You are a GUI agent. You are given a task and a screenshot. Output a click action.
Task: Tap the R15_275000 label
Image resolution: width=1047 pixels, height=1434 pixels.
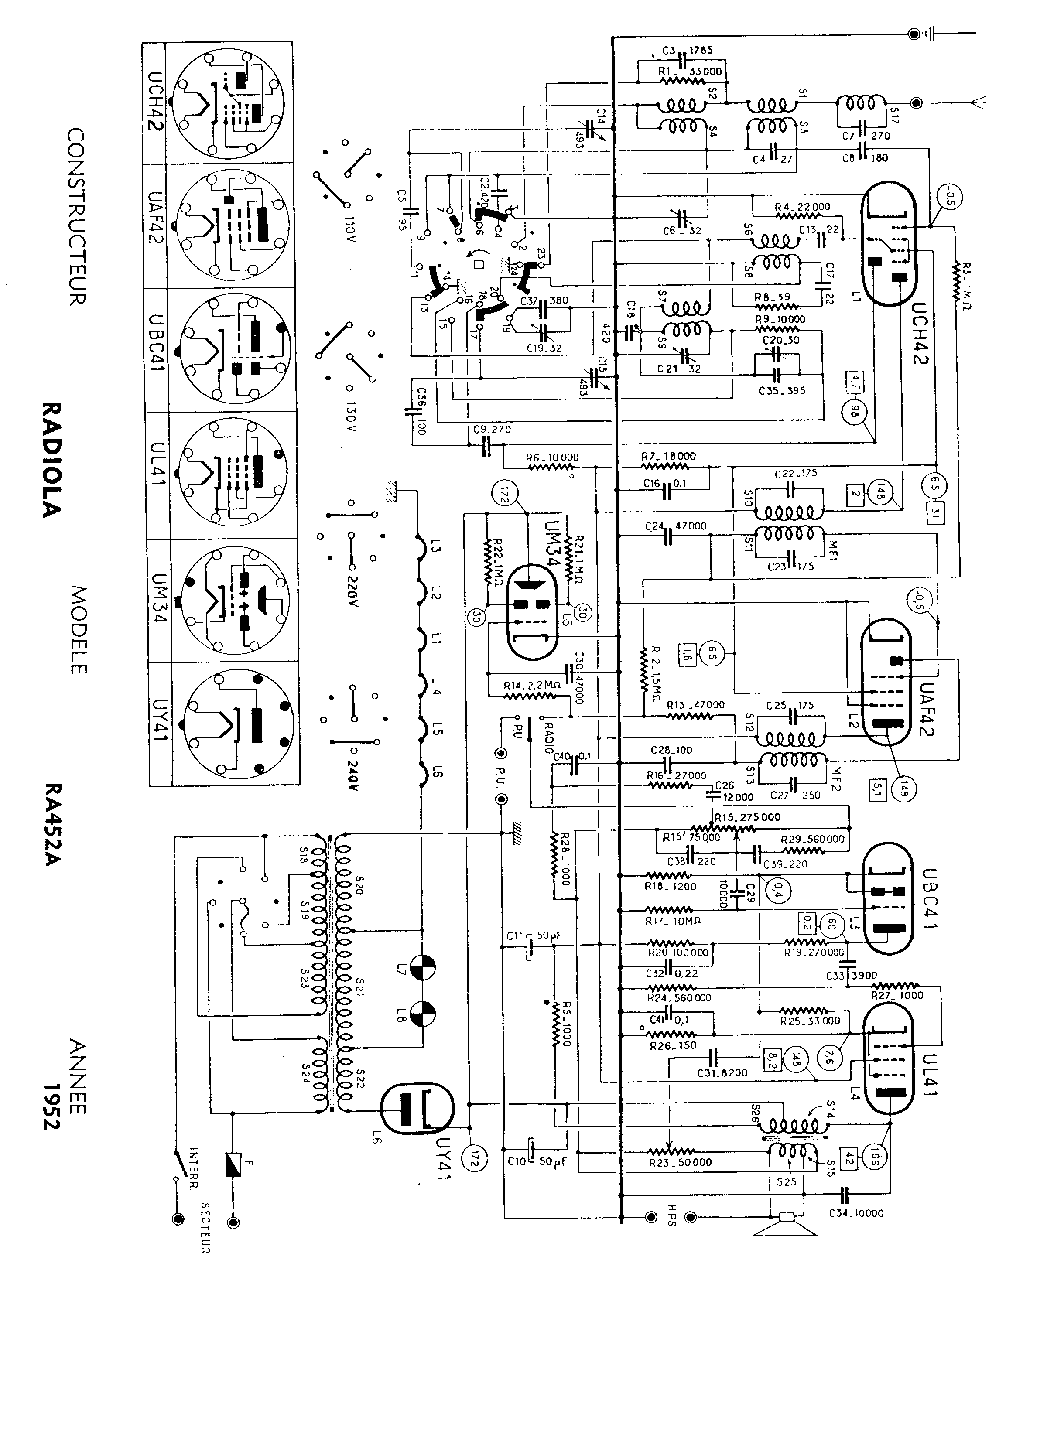[x=747, y=817]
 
